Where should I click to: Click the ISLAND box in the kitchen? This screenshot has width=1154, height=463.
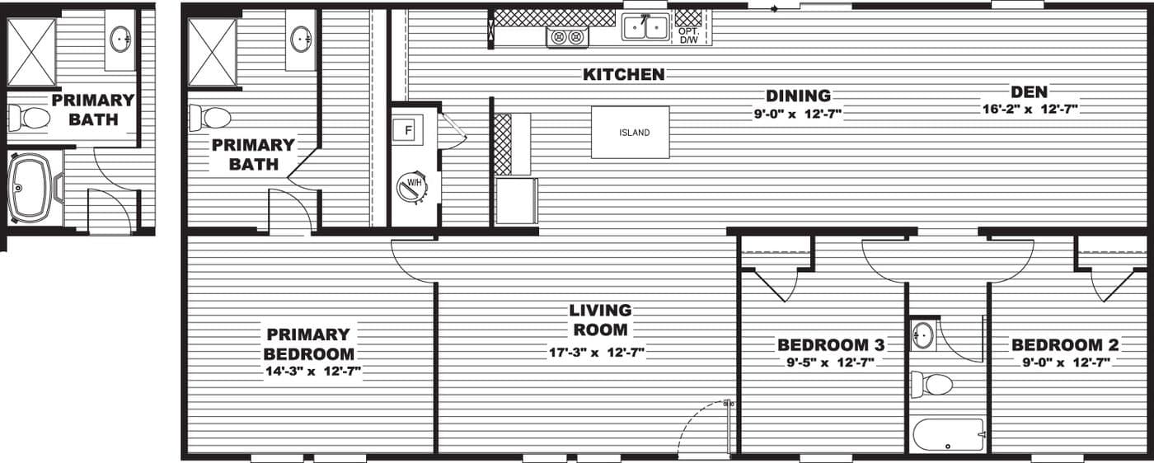pyautogui.click(x=630, y=132)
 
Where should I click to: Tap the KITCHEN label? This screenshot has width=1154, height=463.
pyautogui.click(x=624, y=75)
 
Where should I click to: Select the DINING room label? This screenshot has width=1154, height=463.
pyautogui.click(x=797, y=96)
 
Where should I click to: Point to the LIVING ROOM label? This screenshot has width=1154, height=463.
pyautogui.click(x=600, y=320)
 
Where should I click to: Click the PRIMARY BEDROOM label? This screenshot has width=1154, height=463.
pyautogui.click(x=308, y=344)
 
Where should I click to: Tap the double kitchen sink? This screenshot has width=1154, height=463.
pyautogui.click(x=645, y=28)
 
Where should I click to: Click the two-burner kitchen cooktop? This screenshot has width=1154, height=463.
pyautogui.click(x=567, y=36)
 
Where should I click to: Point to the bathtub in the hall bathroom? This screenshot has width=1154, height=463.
pyautogui.click(x=948, y=433)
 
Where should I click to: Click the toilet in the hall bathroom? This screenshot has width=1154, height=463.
pyautogui.click(x=931, y=384)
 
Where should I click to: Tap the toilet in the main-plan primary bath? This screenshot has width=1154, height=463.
pyautogui.click(x=209, y=117)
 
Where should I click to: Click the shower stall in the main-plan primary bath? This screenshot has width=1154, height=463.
pyautogui.click(x=212, y=52)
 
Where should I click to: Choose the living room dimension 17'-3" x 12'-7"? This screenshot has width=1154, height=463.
pyautogui.click(x=597, y=353)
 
